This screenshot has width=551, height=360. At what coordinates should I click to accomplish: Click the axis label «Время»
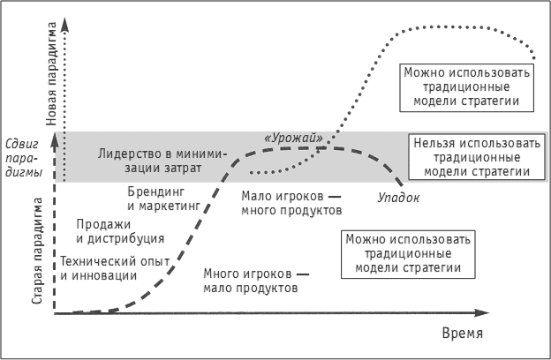point(462,334)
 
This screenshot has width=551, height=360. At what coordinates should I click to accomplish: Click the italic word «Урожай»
point(293,138)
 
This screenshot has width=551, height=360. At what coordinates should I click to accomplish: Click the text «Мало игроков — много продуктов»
point(291,205)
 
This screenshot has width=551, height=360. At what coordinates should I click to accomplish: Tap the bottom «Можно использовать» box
point(409,253)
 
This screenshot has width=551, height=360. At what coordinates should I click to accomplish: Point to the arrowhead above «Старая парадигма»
point(54,141)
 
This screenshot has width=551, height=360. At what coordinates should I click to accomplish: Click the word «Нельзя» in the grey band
point(434,143)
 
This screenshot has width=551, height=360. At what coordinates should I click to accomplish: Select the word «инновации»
point(108,275)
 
